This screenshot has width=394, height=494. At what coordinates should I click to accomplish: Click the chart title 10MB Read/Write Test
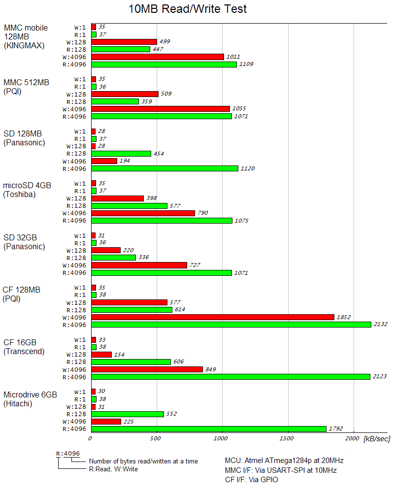188,9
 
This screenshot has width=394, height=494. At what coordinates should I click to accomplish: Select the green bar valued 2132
231,325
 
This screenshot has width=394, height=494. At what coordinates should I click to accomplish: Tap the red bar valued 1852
213,317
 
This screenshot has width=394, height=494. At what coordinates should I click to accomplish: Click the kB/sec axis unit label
376,438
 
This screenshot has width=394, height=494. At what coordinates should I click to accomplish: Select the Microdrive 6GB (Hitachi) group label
30,399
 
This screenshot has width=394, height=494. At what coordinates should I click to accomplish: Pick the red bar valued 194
104,161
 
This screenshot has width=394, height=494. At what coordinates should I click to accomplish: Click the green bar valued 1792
209,429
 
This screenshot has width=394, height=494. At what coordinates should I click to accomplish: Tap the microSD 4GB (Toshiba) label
27,190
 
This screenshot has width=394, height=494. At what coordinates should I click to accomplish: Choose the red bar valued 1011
158,57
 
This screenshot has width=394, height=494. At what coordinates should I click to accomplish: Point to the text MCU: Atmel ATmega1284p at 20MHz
284,461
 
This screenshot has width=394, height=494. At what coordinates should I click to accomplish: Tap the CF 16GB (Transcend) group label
24,347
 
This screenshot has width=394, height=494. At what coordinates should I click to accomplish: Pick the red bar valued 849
147,369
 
